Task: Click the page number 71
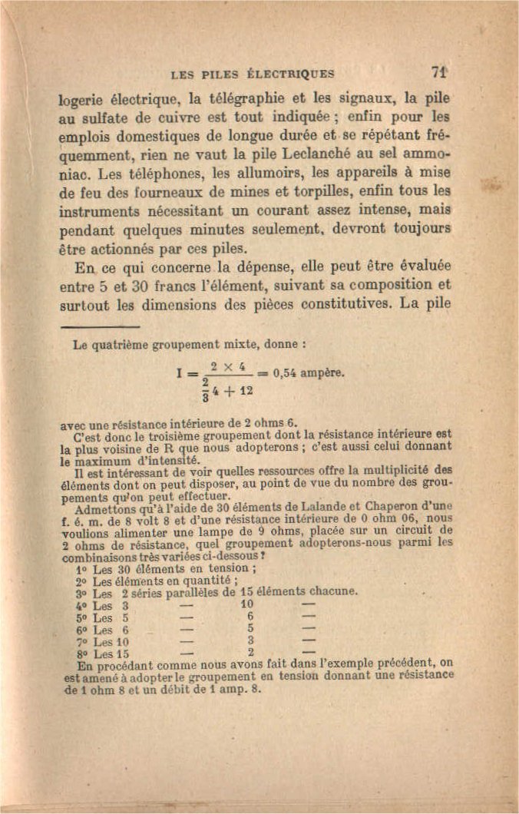coord(439,73)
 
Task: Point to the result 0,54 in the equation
coord(288,374)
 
